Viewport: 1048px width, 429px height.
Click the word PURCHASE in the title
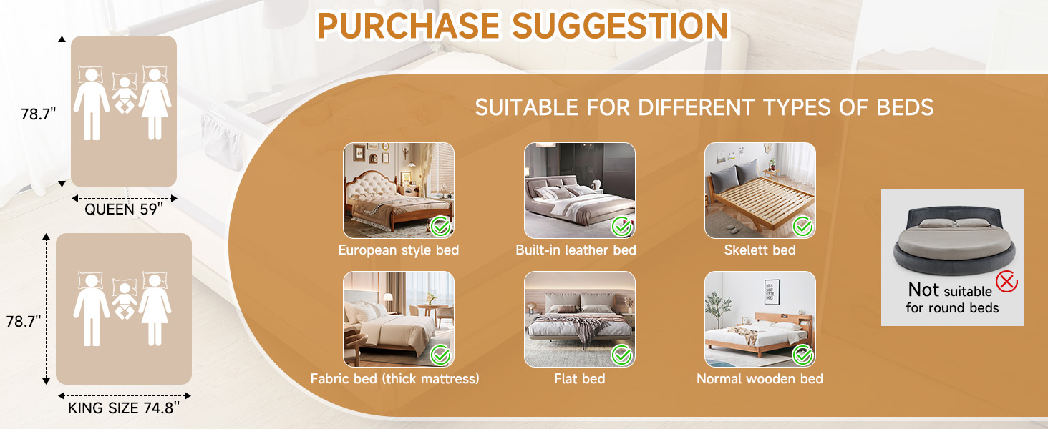pyautogui.click(x=408, y=25)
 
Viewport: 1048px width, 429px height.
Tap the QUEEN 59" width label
pyautogui.click(x=124, y=209)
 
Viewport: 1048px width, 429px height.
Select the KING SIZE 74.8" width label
pyautogui.click(x=124, y=408)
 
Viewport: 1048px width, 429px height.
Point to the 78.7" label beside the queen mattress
pyautogui.click(x=38, y=114)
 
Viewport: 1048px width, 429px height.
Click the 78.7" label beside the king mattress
pyautogui.click(x=24, y=321)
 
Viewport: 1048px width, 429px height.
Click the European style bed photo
pyautogui.click(x=399, y=191)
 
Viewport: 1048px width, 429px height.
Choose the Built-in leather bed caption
pyautogui.click(x=576, y=250)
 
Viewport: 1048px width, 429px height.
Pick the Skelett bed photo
pyautogui.click(x=760, y=191)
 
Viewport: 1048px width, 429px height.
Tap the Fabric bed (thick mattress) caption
pyautogui.click(x=395, y=378)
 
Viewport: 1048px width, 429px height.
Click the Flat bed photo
pyautogui.click(x=580, y=319)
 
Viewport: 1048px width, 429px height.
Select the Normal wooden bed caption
pyautogui.click(x=760, y=378)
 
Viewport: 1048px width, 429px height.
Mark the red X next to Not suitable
pyautogui.click(x=1006, y=281)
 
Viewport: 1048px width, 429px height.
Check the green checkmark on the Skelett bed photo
pyautogui.click(x=803, y=227)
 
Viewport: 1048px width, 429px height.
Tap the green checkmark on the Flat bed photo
pyautogui.click(x=622, y=355)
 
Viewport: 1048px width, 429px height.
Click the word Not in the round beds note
pyautogui.click(x=923, y=290)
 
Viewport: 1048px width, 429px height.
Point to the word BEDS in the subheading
pyautogui.click(x=905, y=107)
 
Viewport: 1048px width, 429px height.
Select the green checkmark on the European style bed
pyautogui.click(x=441, y=227)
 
